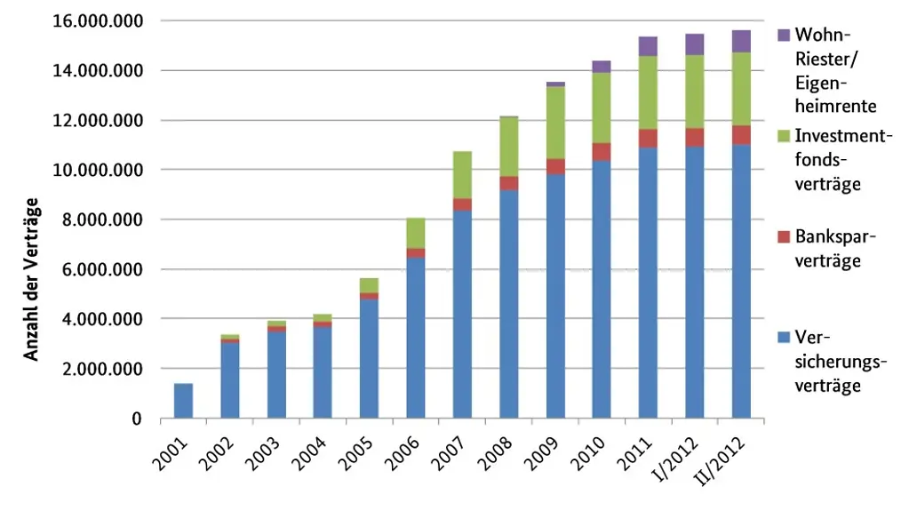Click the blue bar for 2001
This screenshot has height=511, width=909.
point(183,401)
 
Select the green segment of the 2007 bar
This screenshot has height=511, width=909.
point(462,175)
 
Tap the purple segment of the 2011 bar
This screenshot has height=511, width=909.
point(648,46)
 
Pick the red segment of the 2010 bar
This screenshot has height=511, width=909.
point(602,152)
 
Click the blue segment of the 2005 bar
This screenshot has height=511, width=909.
point(370,359)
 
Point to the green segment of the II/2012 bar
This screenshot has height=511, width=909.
point(741,90)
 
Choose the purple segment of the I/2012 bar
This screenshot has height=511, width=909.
point(695,44)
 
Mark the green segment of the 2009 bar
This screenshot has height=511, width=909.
point(555,123)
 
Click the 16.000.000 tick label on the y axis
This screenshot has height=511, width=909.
point(98,21)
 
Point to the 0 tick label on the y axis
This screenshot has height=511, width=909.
point(137,419)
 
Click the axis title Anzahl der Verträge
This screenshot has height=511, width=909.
point(31,280)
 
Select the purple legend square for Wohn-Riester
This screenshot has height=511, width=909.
point(784,35)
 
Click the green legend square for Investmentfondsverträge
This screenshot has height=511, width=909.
point(784,136)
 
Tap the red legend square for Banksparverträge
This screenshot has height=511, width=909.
point(784,236)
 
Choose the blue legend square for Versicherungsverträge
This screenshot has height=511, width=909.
point(784,337)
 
